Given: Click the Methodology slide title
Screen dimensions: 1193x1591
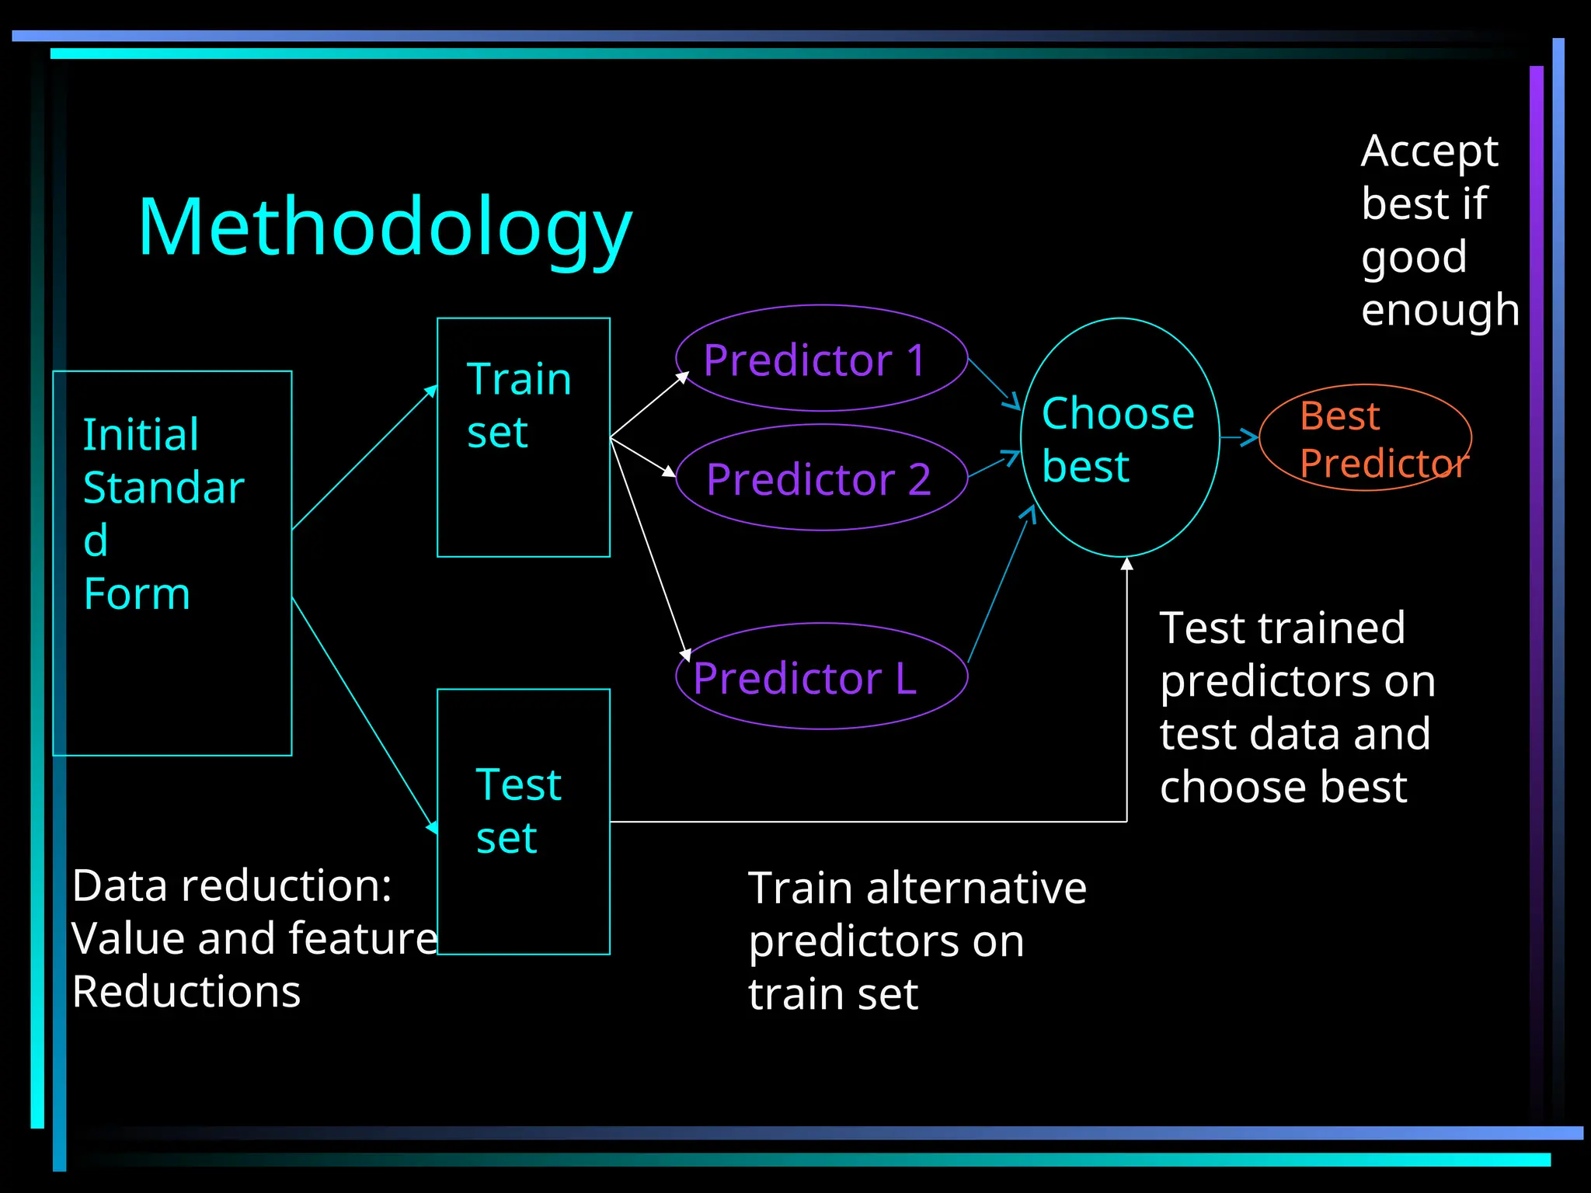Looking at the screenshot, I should click(x=385, y=227).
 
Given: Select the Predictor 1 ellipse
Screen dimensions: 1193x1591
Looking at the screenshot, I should click(x=821, y=359).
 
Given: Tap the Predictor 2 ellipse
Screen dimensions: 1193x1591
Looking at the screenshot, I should click(x=821, y=478).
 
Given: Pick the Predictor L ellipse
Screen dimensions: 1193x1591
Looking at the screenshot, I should click(x=821, y=676).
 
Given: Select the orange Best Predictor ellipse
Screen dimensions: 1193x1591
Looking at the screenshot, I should click(x=1365, y=437).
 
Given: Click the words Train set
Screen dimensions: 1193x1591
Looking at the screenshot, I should click(x=519, y=405).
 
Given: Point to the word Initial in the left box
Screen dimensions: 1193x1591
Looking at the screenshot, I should click(x=141, y=434).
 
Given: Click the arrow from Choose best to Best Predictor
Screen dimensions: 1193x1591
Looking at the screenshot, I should click(x=1239, y=437).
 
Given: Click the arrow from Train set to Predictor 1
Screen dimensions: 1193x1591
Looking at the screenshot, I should click(x=649, y=405).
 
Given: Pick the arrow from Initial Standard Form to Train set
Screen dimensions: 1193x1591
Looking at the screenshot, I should click(x=364, y=458).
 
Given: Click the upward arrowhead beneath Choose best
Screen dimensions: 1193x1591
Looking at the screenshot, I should click(x=1126, y=564).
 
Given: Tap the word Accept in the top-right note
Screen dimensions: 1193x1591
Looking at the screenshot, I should click(x=1429, y=151).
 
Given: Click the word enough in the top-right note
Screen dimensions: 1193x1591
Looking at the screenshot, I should click(x=1440, y=311).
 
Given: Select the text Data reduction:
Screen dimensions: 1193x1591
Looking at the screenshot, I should click(x=232, y=885).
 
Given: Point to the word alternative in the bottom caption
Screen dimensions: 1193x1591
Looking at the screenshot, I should click(x=977, y=888).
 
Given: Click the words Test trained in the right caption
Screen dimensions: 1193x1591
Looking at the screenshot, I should click(x=1282, y=628).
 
